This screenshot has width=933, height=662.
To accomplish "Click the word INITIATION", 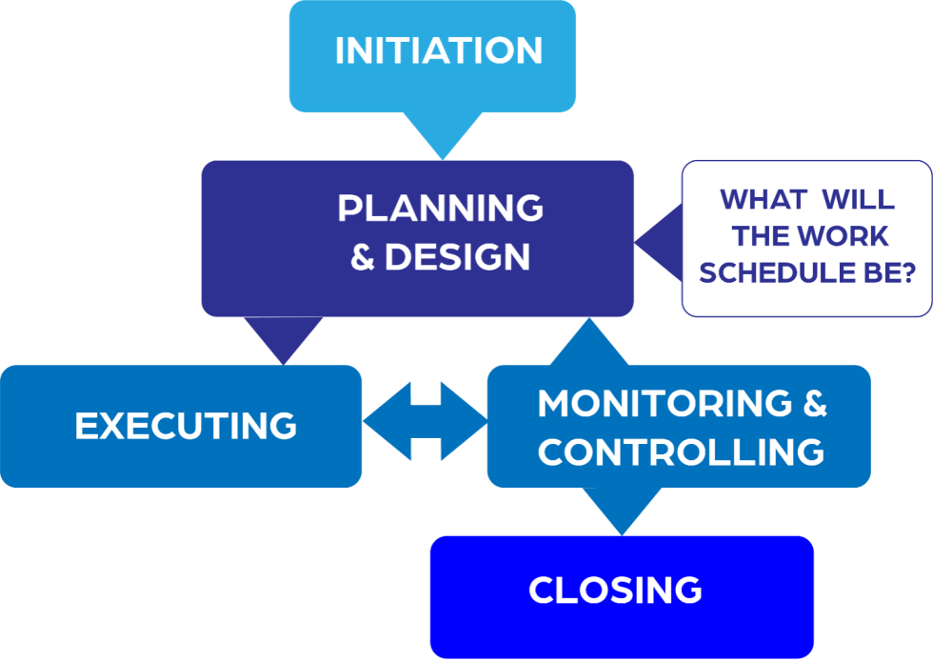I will pyautogui.click(x=439, y=50).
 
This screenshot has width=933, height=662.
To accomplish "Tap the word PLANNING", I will pyautogui.click(x=440, y=208).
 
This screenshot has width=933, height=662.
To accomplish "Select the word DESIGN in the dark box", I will pyautogui.click(x=457, y=257).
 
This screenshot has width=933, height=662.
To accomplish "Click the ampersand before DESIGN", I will pyautogui.click(x=363, y=257).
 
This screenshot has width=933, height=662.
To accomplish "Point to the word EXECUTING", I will pyautogui.click(x=186, y=426).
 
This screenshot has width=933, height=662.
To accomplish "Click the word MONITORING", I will pyautogui.click(x=665, y=403).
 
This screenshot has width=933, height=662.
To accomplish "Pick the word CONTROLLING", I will pyautogui.click(x=681, y=451).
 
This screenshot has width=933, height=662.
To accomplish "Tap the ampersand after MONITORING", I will pyautogui.click(x=815, y=403).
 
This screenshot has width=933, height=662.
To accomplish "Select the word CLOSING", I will pyautogui.click(x=615, y=590).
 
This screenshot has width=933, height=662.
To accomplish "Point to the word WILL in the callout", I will pyautogui.click(x=858, y=200).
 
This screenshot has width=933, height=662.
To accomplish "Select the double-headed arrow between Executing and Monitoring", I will pyautogui.click(x=425, y=421).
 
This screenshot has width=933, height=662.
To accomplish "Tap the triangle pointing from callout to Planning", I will pyautogui.click(x=658, y=238).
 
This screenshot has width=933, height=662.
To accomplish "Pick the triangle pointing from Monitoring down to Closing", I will pyautogui.click(x=622, y=510).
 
